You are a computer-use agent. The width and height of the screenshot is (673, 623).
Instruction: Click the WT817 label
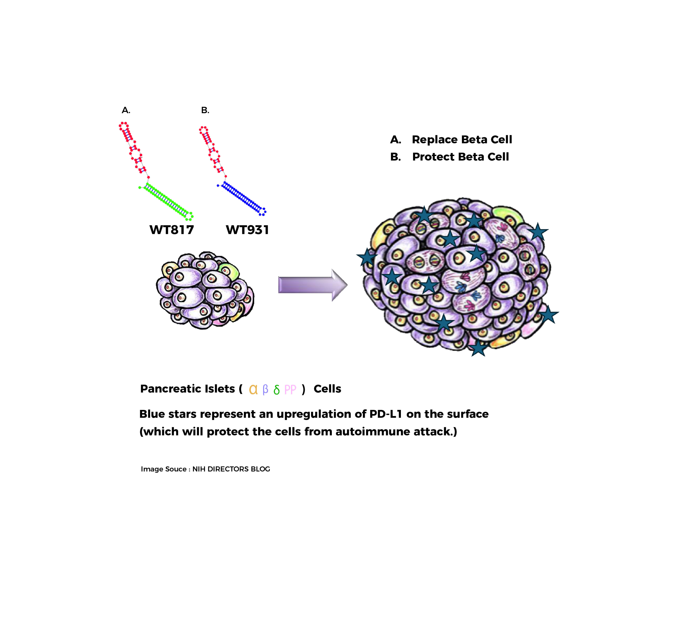[x=172, y=230]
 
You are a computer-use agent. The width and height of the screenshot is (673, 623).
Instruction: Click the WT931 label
[x=247, y=230]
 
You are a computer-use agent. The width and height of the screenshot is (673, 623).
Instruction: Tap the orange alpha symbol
[x=253, y=389]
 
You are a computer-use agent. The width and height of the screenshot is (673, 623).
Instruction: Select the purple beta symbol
[x=265, y=390]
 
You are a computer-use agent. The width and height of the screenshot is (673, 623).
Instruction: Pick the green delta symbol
[x=277, y=389]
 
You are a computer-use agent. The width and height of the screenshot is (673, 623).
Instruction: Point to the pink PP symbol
[x=290, y=389]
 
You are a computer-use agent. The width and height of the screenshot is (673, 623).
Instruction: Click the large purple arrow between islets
[x=313, y=285]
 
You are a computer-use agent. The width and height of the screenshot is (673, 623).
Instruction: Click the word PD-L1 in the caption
[x=386, y=414]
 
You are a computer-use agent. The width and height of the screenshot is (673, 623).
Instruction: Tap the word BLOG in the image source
[x=260, y=469]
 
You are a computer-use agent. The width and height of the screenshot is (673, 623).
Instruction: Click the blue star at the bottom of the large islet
[x=478, y=347]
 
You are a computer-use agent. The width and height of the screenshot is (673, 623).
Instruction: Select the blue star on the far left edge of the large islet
[x=367, y=257]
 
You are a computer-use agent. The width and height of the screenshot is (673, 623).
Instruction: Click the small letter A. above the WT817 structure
[x=126, y=110]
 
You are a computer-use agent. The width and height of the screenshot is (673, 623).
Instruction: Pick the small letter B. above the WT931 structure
[x=205, y=110]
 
